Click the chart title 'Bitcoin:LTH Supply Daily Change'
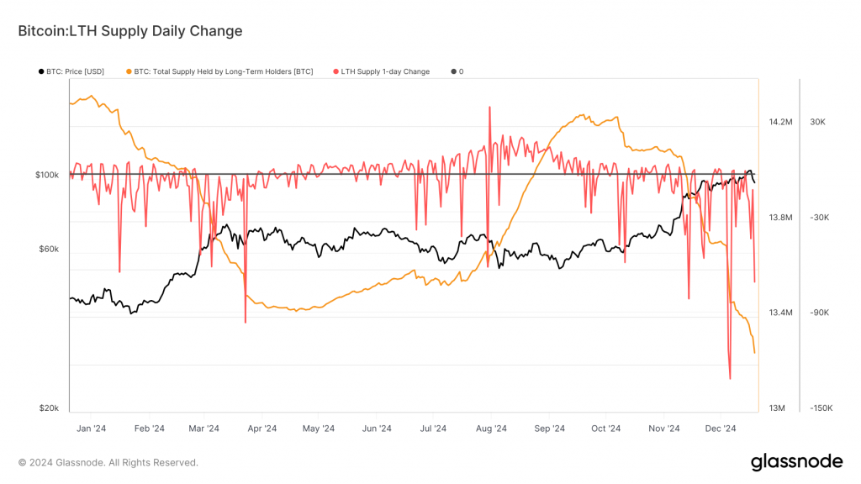tap(130, 31)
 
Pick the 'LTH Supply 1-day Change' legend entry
tap(385, 71)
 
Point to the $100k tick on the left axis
tap(47, 175)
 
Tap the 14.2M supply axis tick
tap(780, 122)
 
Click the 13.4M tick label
tap(780, 313)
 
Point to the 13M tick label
tap(777, 408)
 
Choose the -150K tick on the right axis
tap(821, 408)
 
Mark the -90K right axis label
tap(820, 313)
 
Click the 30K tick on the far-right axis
tap(817, 122)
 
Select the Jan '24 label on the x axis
tap(91, 429)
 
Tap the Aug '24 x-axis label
tap(490, 429)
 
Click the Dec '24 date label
tap(721, 429)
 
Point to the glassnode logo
tap(795, 461)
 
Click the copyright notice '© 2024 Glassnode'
tap(108, 462)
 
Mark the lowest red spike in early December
tap(730, 378)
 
